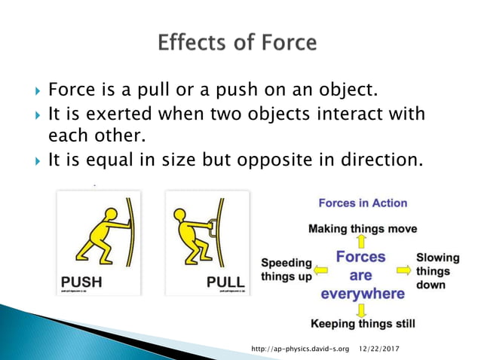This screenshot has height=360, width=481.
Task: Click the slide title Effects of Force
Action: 237,42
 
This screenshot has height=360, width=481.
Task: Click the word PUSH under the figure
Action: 81,284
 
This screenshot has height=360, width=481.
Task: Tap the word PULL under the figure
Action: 225,284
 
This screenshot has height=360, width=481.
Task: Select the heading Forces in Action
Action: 362,203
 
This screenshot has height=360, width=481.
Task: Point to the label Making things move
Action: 362,228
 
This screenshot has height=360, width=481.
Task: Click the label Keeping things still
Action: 363,324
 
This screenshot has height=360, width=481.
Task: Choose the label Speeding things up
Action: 286,270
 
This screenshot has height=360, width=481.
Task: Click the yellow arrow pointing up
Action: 362,241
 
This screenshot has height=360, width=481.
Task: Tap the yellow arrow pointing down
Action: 362,310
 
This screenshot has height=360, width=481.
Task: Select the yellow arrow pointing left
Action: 321,269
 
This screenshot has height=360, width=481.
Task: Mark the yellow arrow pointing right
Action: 403,269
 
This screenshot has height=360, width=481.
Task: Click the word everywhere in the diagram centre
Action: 363,293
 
